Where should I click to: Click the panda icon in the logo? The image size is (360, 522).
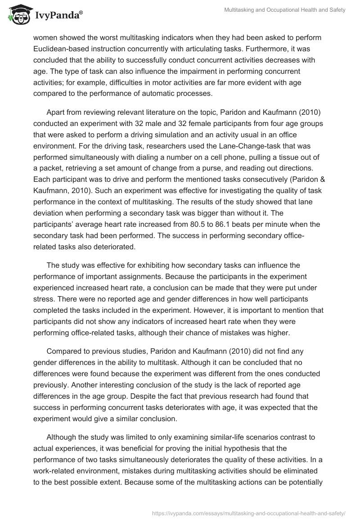point(17,16)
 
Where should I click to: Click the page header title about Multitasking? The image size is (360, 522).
point(285,10)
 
